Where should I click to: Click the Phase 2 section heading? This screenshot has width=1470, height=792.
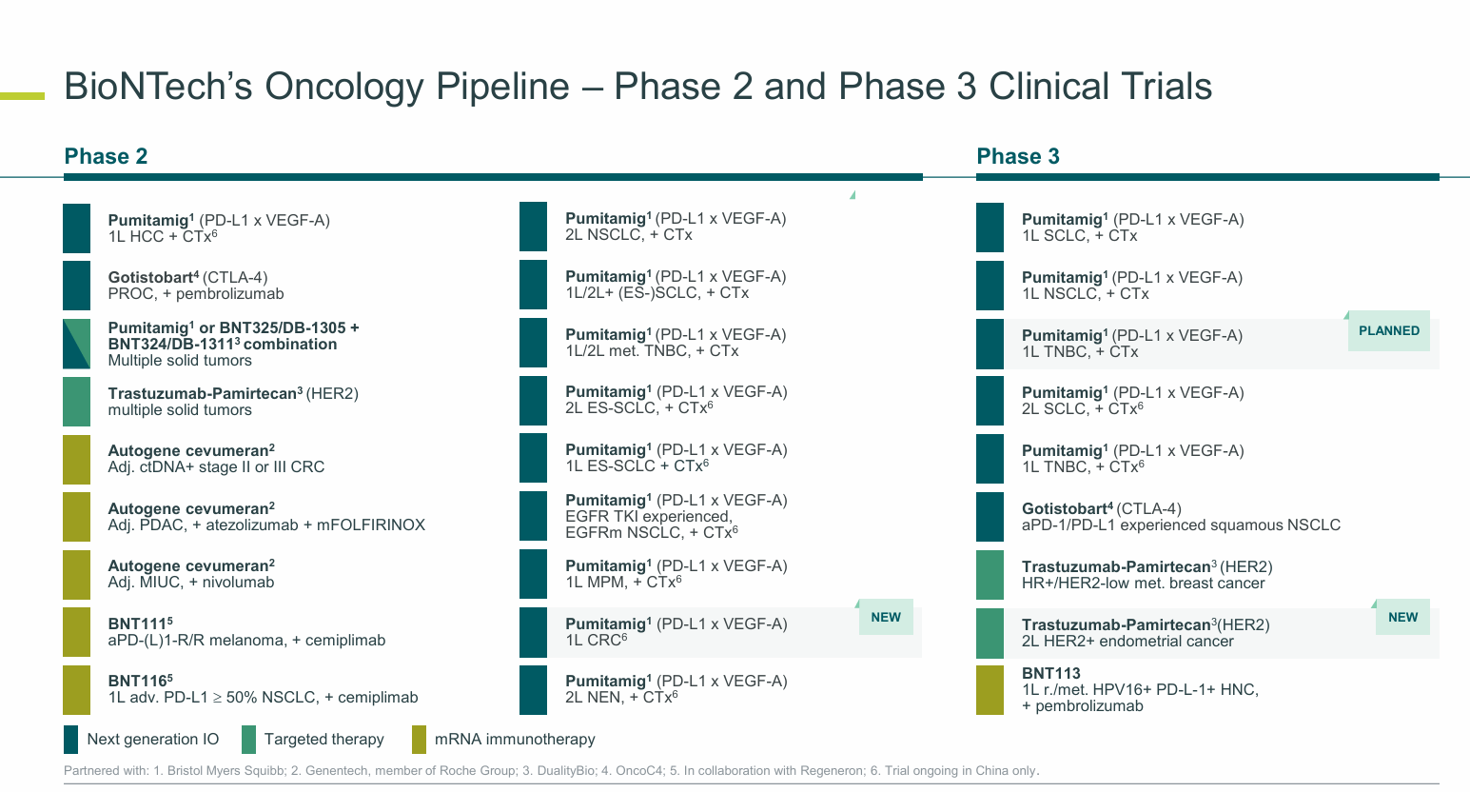coord(106,157)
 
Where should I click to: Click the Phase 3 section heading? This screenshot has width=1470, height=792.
coord(1017,157)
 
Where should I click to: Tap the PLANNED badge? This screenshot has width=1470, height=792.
coord(1388,331)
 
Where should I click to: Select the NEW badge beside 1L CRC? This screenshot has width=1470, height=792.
coord(885,618)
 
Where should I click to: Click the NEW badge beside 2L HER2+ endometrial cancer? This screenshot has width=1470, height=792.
coord(1402,618)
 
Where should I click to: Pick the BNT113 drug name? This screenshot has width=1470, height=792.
coord(1050,673)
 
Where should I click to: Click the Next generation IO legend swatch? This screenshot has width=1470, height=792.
coord(70,740)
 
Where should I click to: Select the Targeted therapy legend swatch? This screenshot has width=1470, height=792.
coord(248,740)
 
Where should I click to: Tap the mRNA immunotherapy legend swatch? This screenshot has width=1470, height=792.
coord(419,740)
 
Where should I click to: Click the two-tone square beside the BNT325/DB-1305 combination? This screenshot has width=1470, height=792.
coord(76,344)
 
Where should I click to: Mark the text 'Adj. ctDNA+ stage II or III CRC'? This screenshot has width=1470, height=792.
coord(216,467)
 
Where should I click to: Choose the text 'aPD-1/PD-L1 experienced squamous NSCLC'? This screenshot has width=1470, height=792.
coord(1181,525)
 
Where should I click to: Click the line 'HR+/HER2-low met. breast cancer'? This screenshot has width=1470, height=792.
coord(1143,584)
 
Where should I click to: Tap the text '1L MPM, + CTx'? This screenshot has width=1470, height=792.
coord(619,583)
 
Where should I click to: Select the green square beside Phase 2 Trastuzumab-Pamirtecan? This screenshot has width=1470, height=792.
coord(76,402)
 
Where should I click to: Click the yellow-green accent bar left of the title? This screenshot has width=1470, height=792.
coord(22,95)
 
